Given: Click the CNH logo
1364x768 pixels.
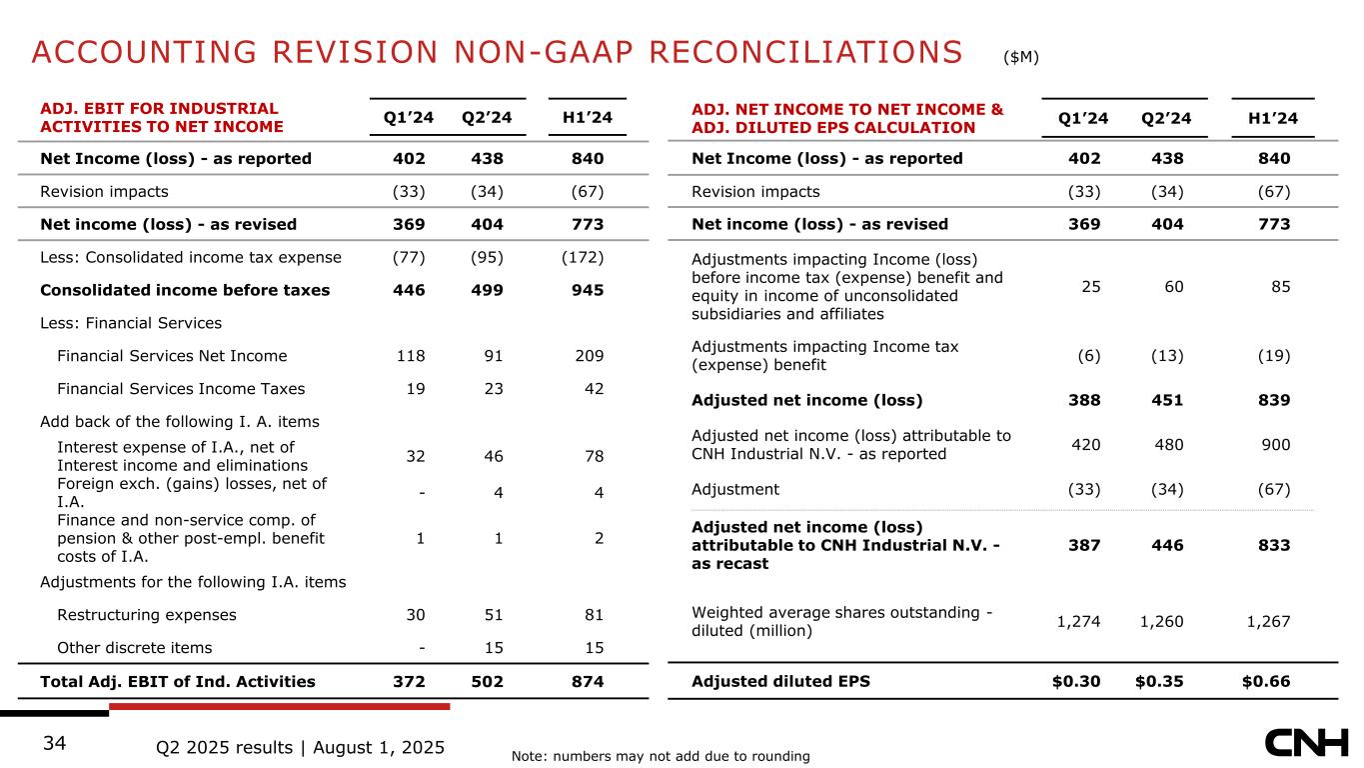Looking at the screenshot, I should [1305, 743].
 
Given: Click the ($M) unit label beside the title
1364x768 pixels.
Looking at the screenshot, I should [1021, 57].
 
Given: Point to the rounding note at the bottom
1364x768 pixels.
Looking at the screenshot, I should [660, 756].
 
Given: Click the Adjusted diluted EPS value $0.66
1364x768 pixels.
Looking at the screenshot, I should [1265, 682].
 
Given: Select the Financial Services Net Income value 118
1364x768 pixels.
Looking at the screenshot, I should [411, 355].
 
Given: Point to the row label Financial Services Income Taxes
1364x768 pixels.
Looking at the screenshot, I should [181, 388].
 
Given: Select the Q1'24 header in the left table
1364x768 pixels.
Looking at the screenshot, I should [409, 119].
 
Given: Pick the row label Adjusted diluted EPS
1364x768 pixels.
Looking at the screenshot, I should [780, 682].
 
